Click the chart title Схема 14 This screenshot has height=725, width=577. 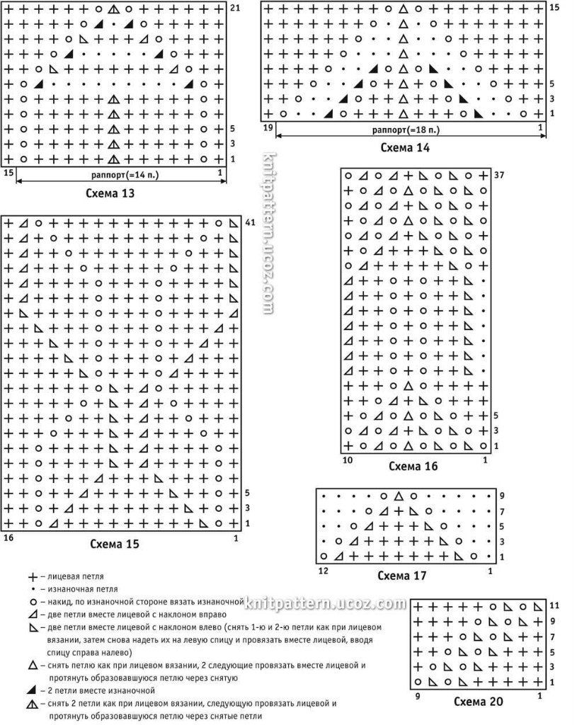(x=405, y=148)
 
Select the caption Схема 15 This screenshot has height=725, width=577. (x=115, y=544)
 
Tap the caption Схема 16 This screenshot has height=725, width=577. (x=413, y=467)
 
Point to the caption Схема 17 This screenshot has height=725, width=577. (x=402, y=576)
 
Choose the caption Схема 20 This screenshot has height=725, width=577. (x=479, y=702)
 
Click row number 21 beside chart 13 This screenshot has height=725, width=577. (x=236, y=8)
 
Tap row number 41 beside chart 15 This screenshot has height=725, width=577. (x=249, y=222)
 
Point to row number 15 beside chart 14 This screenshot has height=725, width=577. (x=554, y=7)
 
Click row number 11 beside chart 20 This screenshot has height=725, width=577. (x=554, y=606)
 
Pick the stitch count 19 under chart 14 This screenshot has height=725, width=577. (x=268, y=127)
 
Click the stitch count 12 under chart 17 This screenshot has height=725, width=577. (x=322, y=571)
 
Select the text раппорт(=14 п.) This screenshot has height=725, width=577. (x=118, y=173)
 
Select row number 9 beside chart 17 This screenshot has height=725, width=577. (x=501, y=496)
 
